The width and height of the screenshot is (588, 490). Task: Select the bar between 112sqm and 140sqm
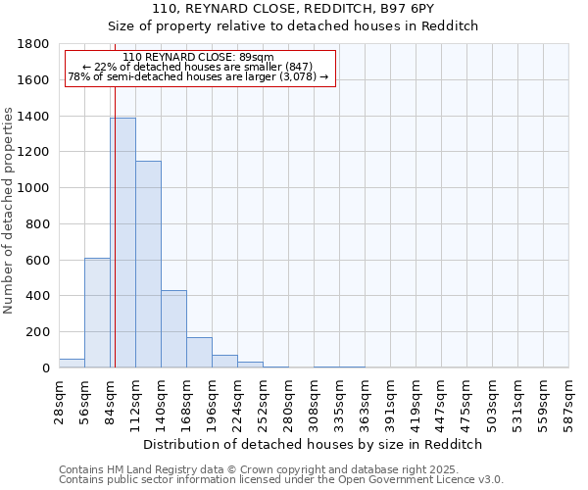[x=148, y=265]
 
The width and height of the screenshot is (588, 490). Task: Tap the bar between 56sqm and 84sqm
[x=97, y=313]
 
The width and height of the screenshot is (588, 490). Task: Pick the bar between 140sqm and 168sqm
[x=173, y=329]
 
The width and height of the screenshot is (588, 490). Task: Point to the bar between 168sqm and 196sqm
[x=199, y=353]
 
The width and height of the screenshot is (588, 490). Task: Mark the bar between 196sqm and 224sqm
[x=224, y=362]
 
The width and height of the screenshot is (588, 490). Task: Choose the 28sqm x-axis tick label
[x=60, y=398]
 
